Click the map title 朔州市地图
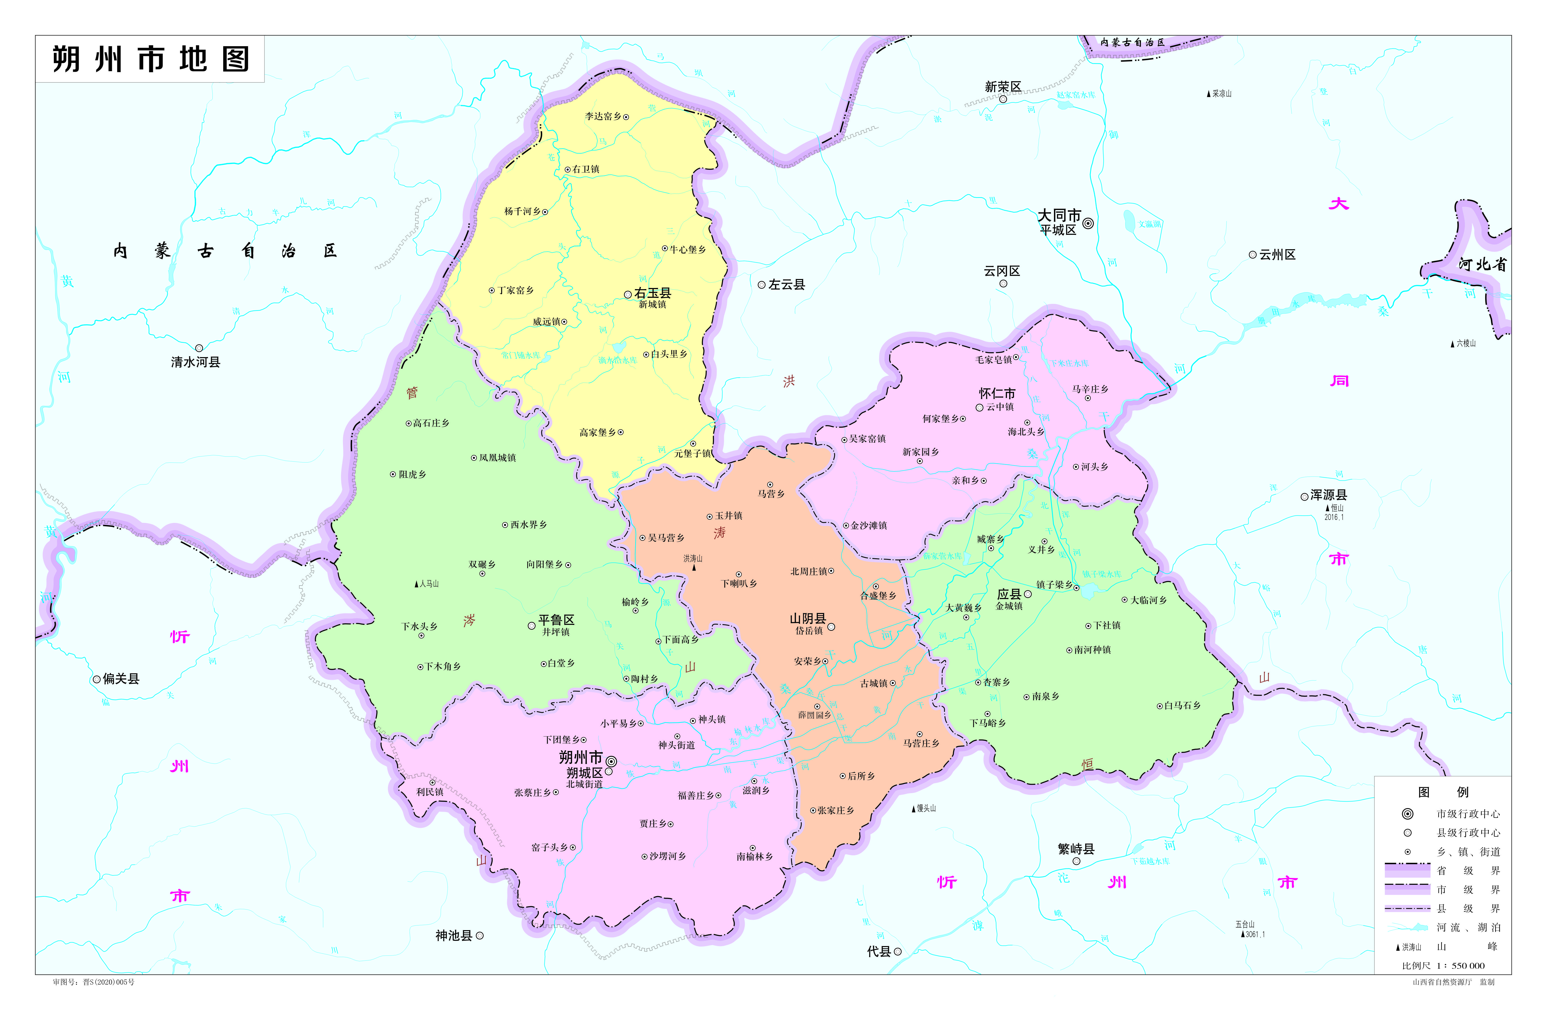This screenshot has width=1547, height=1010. click(150, 59)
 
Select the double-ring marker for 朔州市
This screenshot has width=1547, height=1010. click(611, 761)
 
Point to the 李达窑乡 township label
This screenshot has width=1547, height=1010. click(602, 116)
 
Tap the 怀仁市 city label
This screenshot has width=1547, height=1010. click(997, 393)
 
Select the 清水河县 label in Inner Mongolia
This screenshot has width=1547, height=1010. click(196, 362)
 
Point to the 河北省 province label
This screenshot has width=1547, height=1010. click(1482, 264)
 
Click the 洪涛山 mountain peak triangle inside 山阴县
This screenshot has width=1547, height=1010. click(694, 567)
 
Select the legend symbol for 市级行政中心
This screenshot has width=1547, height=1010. click(1407, 814)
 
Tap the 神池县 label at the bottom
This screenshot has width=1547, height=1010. click(454, 935)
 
